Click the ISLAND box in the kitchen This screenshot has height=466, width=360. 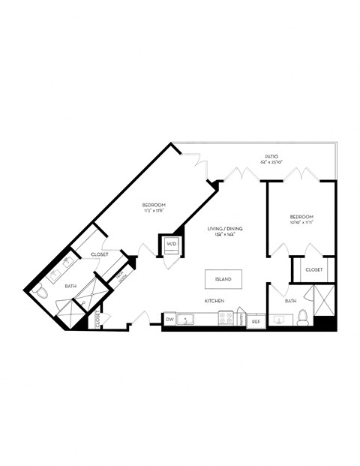pos(223,279)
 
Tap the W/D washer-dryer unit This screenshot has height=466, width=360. pos(169,245)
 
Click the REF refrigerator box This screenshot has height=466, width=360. pos(256,321)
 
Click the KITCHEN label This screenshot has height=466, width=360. pos(215,301)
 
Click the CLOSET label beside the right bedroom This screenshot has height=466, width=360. pos(314,269)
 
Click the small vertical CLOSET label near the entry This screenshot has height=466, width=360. pos(97,319)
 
